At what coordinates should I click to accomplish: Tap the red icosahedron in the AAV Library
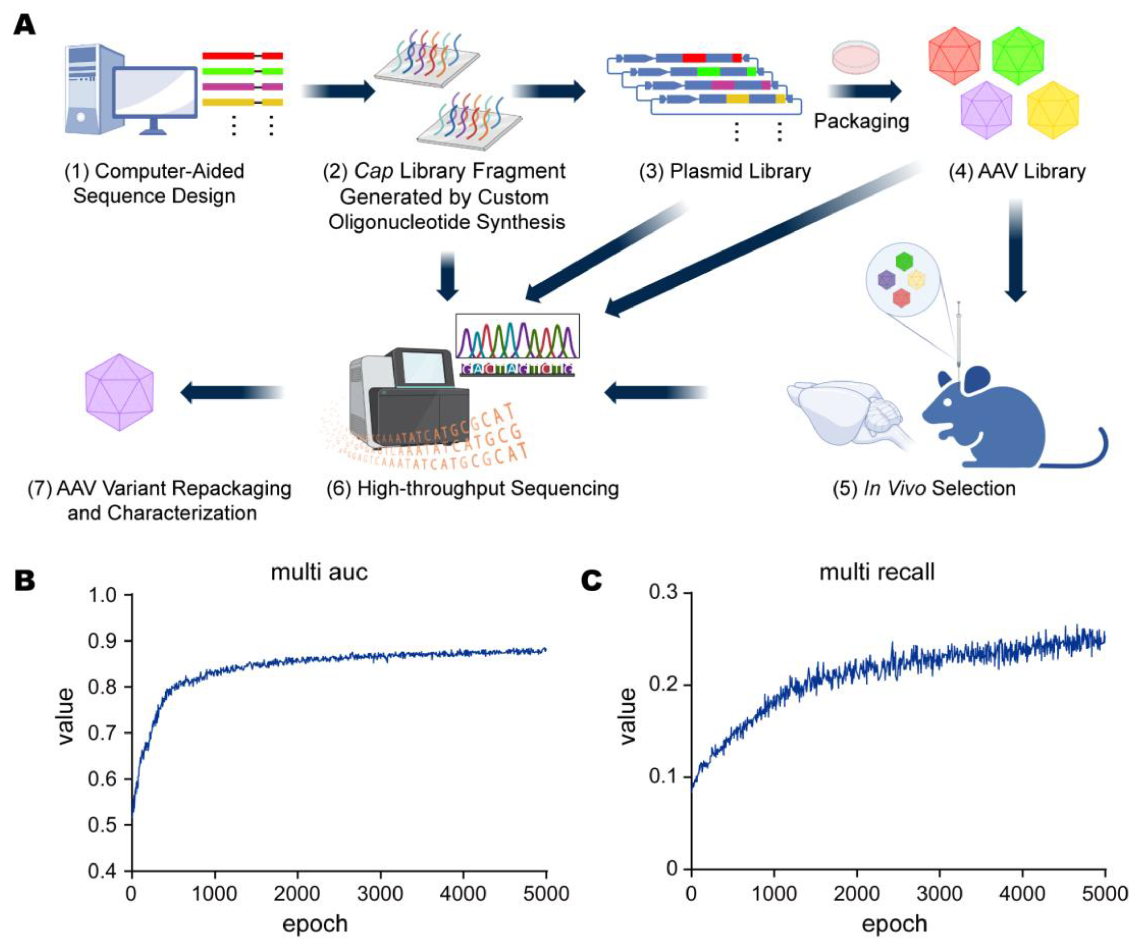[954, 56]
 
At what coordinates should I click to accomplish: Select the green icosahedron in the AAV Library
[1018, 56]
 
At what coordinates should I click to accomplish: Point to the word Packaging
[861, 121]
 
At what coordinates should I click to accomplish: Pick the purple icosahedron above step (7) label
[120, 392]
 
